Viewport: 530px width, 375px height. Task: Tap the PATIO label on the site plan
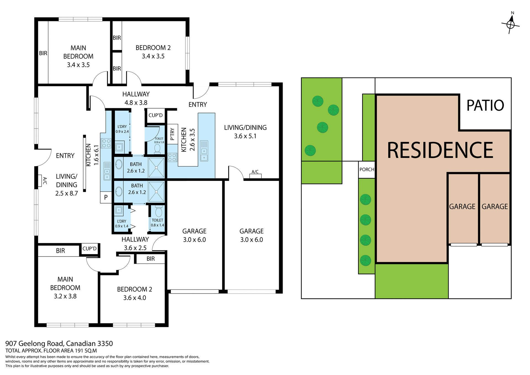485,105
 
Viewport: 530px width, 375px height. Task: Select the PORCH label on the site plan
367,170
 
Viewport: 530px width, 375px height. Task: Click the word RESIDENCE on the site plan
440,150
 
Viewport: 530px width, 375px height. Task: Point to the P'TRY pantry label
172,134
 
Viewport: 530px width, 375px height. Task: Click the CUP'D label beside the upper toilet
155,115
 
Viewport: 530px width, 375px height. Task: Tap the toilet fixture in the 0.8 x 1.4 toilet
158,212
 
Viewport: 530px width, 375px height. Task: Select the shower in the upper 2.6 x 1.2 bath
156,168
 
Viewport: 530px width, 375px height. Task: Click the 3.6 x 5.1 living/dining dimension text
245,136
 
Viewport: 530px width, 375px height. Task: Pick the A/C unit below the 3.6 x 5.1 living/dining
255,176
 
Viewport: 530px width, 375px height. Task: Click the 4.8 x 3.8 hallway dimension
136,103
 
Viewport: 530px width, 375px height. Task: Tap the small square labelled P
106,198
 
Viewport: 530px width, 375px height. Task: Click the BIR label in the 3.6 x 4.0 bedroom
150,259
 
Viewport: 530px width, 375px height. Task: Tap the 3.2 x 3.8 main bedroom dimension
65,296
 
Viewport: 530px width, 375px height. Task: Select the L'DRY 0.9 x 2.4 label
122,129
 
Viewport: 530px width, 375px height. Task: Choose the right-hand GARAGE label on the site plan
495,207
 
